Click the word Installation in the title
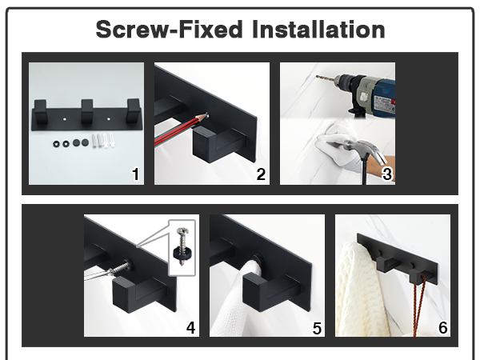pos(318,30)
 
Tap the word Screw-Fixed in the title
pos(170,30)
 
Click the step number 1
pos(135,174)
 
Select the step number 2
pos(261,174)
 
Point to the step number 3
pos(387,174)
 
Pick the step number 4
pos(190,327)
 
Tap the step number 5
pos(317,328)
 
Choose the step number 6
pos(442,327)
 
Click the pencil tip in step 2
pos(205,116)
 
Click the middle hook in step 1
pos(87,111)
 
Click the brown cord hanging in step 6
pos(418,303)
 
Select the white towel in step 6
pos(362,291)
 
